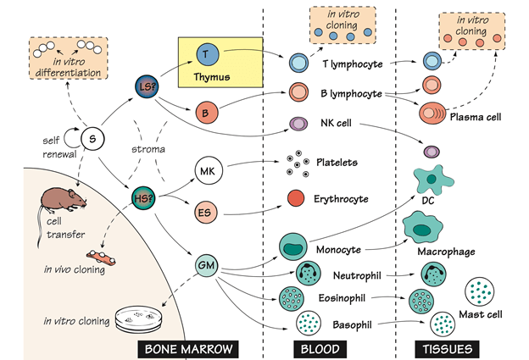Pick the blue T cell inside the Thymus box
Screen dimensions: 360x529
(x=209, y=54)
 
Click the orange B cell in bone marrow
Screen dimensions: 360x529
(x=207, y=112)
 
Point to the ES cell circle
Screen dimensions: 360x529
(x=207, y=212)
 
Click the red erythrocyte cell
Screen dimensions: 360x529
(x=297, y=199)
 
